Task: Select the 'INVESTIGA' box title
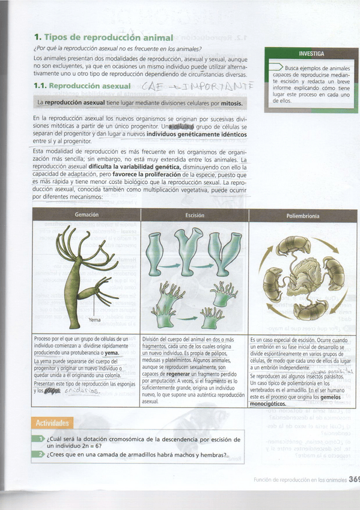[311, 54]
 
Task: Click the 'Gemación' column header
[87, 215]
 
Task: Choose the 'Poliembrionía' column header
[302, 215]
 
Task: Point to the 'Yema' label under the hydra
[94, 320]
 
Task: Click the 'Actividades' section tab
[53, 423]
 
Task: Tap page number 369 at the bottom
[354, 479]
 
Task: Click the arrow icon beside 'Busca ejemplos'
[276, 67]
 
